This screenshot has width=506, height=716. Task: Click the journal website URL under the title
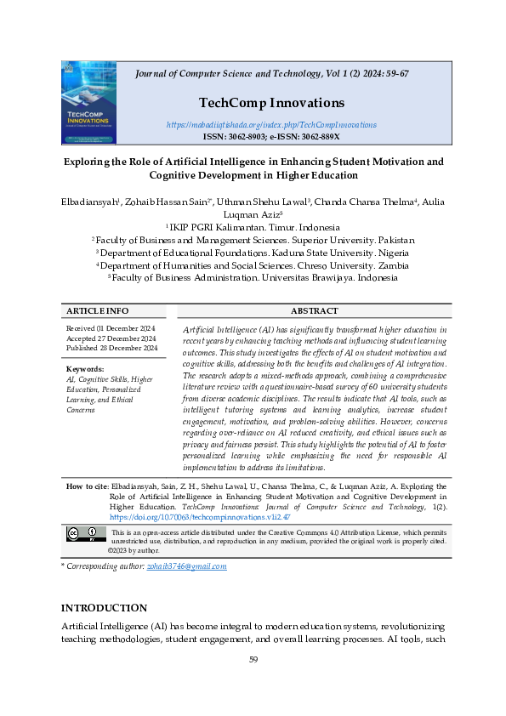[x=270, y=125]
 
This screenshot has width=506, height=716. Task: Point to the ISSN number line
[x=270, y=136]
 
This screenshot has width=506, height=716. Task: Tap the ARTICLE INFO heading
[x=98, y=311]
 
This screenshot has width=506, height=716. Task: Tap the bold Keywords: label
[x=85, y=369]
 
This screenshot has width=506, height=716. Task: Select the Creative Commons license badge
[x=87, y=535]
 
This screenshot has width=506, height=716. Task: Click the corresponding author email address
[x=186, y=566]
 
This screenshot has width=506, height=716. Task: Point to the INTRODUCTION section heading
[x=104, y=608]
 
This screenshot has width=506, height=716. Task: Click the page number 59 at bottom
[x=253, y=660]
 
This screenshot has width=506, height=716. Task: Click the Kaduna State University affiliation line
[x=253, y=253]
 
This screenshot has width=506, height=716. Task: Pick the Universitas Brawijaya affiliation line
[x=253, y=278]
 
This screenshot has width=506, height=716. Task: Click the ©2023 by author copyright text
[x=134, y=550]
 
